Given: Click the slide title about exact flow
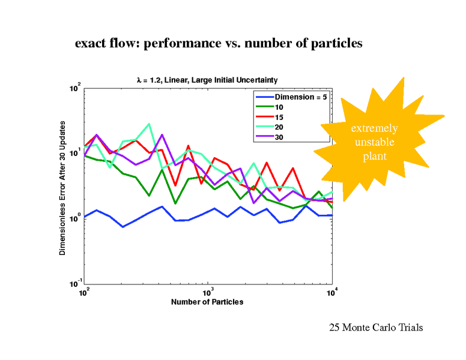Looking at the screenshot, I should (219, 44).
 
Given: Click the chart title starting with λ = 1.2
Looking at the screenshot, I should (207, 80).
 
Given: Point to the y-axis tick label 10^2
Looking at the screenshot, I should (74, 89).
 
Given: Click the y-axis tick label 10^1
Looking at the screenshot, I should (74, 154).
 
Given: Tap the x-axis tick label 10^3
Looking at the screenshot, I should (207, 292).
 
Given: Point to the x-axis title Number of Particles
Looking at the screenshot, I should (207, 302).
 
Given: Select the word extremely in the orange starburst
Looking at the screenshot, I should (374, 128).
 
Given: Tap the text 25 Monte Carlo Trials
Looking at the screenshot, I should (376, 328).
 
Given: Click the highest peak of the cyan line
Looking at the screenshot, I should (149, 124).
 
